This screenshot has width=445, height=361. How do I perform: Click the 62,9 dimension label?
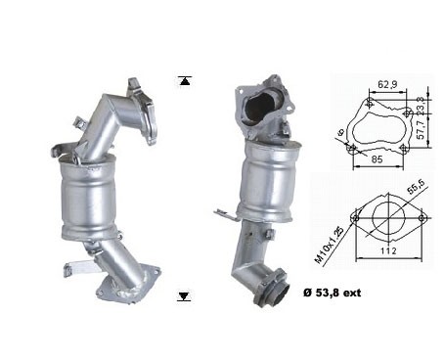pyautogui.click(x=387, y=85)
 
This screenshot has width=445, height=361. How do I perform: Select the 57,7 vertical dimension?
pyautogui.click(x=421, y=129)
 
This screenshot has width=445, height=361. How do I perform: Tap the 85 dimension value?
pyautogui.click(x=377, y=159)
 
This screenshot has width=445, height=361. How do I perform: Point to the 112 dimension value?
pyautogui.click(x=388, y=250)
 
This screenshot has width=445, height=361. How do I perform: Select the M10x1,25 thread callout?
pyautogui.click(x=329, y=246)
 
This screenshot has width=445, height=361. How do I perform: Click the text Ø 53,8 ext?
pyautogui.click(x=332, y=293)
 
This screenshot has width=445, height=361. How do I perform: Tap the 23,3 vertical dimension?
pyautogui.click(x=421, y=106)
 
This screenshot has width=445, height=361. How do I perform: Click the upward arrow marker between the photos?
pyautogui.click(x=185, y=81)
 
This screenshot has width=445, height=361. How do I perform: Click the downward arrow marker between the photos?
pyautogui.click(x=184, y=296)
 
